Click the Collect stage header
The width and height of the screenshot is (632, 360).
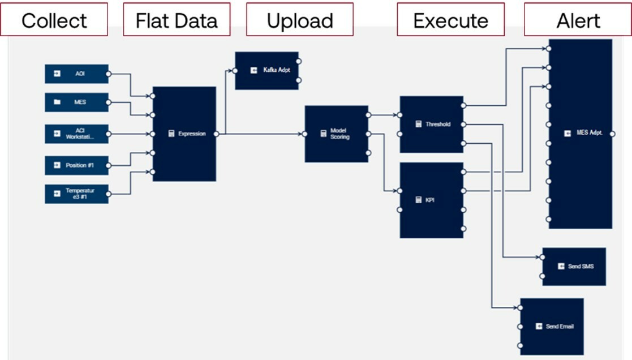click(54, 20)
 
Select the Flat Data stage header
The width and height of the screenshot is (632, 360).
click(177, 20)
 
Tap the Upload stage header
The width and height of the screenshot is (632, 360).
click(299, 20)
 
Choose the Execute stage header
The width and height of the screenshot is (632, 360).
click(450, 20)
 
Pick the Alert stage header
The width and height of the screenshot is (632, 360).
click(578, 20)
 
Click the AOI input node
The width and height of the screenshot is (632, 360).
click(76, 74)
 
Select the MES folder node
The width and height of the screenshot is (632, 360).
click(76, 102)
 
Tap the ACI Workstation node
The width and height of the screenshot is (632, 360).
click(76, 134)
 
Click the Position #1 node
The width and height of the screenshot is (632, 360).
click(76, 165)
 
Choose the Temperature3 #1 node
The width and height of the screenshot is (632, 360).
click(76, 194)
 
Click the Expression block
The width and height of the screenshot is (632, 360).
click(184, 134)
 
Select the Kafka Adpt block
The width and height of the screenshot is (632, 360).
click(267, 71)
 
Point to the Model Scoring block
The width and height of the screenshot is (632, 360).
click(337, 134)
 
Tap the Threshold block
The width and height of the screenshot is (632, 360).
click(432, 124)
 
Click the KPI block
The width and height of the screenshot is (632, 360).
click(432, 200)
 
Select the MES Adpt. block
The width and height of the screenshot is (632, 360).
click(581, 134)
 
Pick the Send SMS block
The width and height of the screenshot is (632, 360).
click(574, 266)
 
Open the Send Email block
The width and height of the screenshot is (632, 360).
click(552, 327)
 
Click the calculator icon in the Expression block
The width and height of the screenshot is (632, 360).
click(171, 134)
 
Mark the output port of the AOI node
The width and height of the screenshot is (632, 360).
click(108, 74)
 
